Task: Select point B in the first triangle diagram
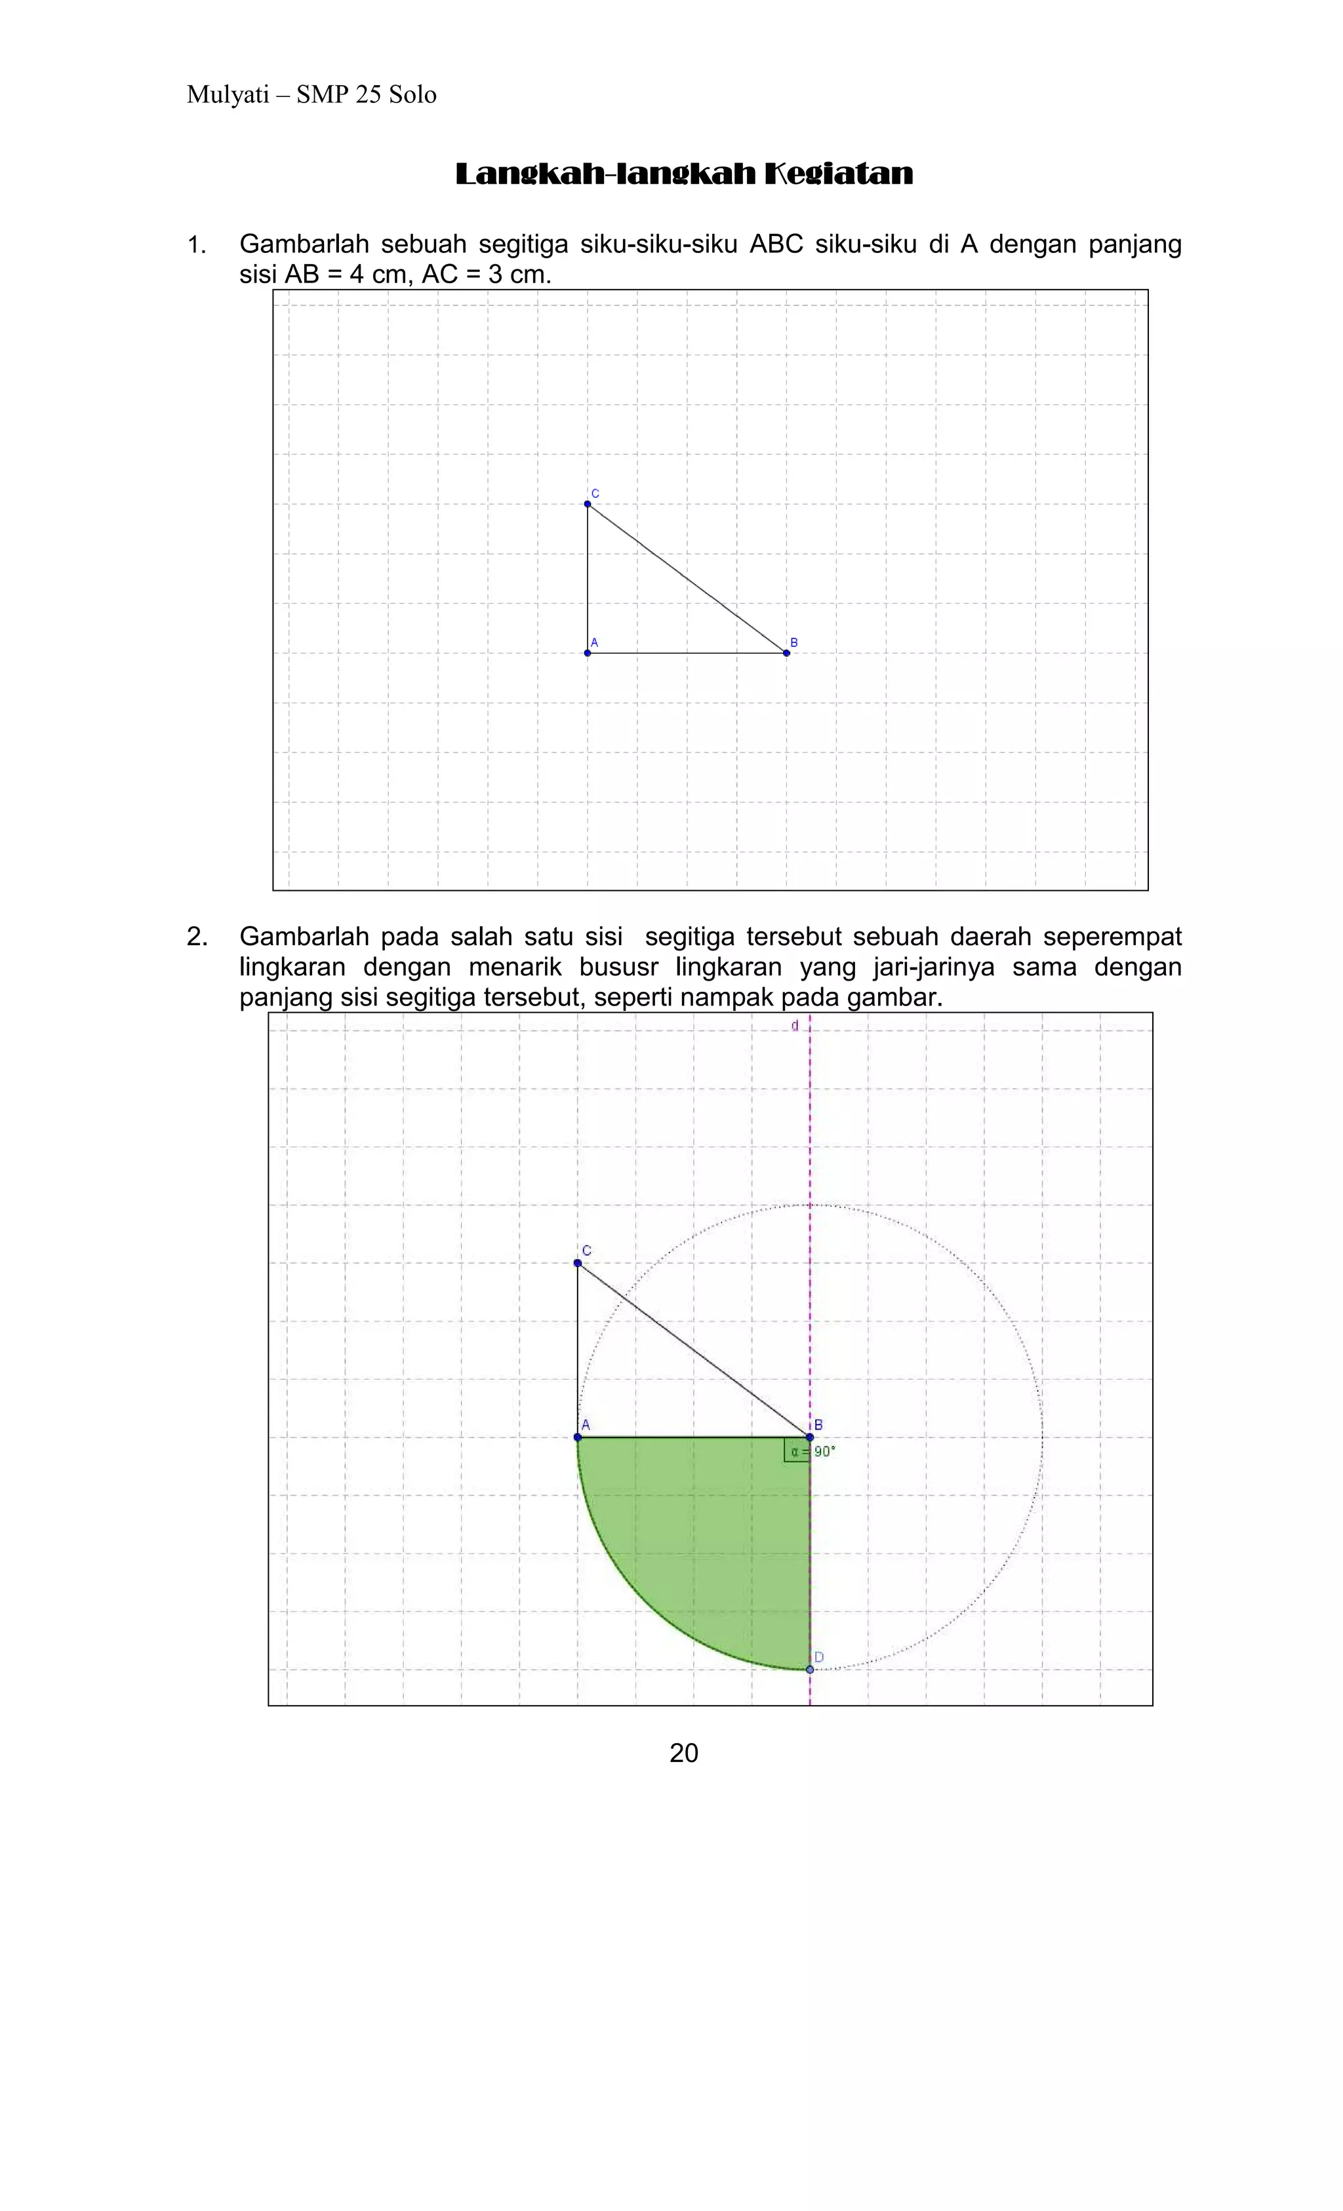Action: pyautogui.click(x=786, y=652)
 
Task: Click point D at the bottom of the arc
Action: pyautogui.click(x=810, y=1669)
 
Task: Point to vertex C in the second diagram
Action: pyautogui.click(x=577, y=1262)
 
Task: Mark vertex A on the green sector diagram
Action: pyautogui.click(x=577, y=1437)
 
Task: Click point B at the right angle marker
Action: pyautogui.click(x=810, y=1437)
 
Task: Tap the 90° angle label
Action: pyautogui.click(x=824, y=1451)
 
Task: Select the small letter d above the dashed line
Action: pyautogui.click(x=795, y=1026)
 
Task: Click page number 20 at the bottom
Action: pyautogui.click(x=683, y=1752)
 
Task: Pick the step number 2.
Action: pyautogui.click(x=197, y=937)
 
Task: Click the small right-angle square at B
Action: pyautogui.click(x=796, y=1449)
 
